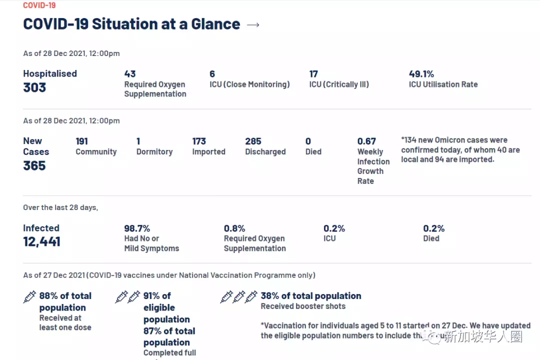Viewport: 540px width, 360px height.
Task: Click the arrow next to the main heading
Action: coord(253,24)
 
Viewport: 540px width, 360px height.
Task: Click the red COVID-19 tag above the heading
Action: coord(39,5)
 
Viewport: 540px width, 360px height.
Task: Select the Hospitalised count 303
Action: coord(34,87)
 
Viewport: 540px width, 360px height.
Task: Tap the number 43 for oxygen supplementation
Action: coord(130,74)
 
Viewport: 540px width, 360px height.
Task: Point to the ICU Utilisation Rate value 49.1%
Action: coord(421,74)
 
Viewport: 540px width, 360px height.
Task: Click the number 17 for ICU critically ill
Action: coord(313,74)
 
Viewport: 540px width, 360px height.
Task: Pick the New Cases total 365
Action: coord(34,165)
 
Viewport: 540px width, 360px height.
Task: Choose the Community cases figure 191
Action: coord(82,141)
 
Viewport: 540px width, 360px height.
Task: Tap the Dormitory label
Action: coord(154,151)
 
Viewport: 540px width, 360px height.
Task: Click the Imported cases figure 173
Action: coord(199,141)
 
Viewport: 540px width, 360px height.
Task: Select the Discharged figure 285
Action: coord(253,141)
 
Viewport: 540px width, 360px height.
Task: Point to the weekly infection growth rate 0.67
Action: coord(366,141)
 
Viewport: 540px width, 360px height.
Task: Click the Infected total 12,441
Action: coord(41,242)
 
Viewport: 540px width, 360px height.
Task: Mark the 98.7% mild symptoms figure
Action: coord(137,228)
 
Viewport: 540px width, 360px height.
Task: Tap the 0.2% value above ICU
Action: coord(334,228)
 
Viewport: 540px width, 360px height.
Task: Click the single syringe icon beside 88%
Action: coord(30,297)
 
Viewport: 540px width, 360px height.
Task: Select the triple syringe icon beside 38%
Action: coord(239,297)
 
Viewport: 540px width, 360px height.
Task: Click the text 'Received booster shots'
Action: coord(303,306)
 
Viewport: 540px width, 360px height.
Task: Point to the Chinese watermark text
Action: coord(482,336)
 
